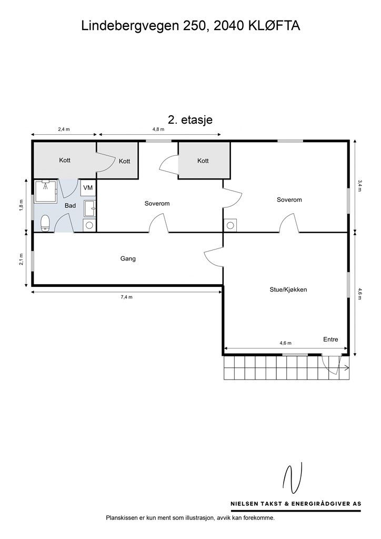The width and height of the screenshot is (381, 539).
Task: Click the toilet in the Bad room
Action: (45, 223)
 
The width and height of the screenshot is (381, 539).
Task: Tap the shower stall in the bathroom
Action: (46, 191)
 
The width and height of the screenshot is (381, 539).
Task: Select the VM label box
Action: (88, 188)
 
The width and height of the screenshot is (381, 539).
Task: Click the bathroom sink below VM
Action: (89, 208)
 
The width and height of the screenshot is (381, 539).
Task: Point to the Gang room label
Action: (128, 258)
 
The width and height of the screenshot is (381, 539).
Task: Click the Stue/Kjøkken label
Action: (288, 290)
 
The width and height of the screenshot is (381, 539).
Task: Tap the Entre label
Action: (330, 340)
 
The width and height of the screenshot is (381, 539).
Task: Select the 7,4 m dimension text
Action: (126, 297)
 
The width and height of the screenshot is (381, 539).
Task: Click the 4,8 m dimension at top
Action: (158, 129)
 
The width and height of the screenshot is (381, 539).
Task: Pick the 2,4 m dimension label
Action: (64, 129)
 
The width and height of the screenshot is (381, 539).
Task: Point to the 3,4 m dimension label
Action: (360, 186)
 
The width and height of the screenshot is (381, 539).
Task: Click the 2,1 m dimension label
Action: (21, 259)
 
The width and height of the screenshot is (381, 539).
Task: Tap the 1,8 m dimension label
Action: (21, 205)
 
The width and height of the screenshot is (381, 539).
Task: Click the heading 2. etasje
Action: (190, 119)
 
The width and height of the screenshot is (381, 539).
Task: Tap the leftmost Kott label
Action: (65, 160)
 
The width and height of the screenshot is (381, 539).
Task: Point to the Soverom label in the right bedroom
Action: (289, 199)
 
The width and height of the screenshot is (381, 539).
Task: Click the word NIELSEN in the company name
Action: (245, 504)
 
